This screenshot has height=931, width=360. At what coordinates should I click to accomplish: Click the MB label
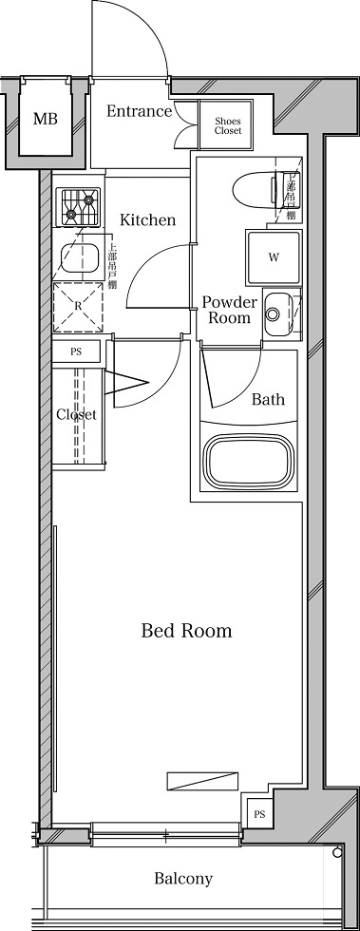[x=45, y=119]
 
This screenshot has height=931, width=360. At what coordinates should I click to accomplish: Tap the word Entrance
[x=139, y=111]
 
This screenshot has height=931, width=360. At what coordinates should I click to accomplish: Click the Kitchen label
[x=147, y=220]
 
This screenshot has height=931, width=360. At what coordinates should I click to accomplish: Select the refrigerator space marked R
[x=78, y=307]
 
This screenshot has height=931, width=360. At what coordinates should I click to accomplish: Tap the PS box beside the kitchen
[x=78, y=351]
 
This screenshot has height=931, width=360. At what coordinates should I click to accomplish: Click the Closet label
[x=75, y=414]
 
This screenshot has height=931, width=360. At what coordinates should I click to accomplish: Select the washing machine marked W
[x=274, y=256]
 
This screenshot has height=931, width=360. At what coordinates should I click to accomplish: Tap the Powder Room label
[x=229, y=310]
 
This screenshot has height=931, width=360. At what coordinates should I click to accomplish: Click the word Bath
[x=267, y=399]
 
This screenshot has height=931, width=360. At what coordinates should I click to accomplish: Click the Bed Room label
[x=186, y=630]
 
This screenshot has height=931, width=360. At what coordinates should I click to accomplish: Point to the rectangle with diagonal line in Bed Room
[x=196, y=781]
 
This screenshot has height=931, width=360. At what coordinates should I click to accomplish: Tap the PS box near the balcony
[x=258, y=814]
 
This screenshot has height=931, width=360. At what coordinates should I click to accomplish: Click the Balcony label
[x=182, y=879]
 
